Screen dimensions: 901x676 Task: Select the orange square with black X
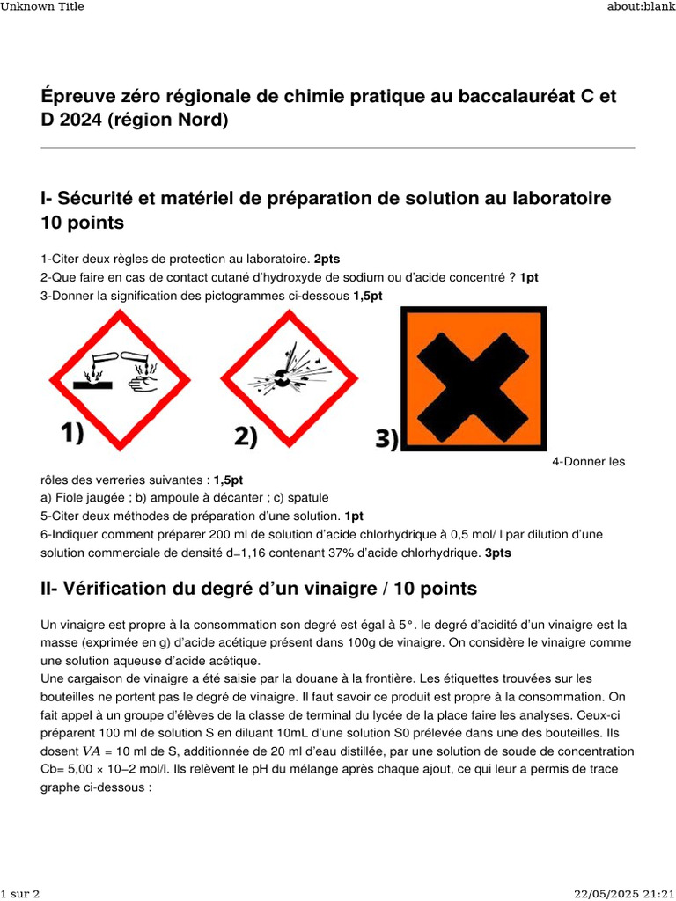[474, 378]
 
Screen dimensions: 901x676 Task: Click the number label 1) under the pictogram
[84, 433]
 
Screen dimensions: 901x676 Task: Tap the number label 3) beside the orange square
[387, 438]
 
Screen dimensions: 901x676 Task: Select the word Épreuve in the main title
[77, 96]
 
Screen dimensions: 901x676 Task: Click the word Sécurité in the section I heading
[98, 199]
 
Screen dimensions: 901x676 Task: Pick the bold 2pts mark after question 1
[327, 259]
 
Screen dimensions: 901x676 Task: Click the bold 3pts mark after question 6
[497, 553]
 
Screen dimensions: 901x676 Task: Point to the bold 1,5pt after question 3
[368, 296]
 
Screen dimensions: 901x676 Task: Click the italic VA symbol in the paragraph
[92, 751]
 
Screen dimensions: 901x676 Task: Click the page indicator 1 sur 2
[19, 894]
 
